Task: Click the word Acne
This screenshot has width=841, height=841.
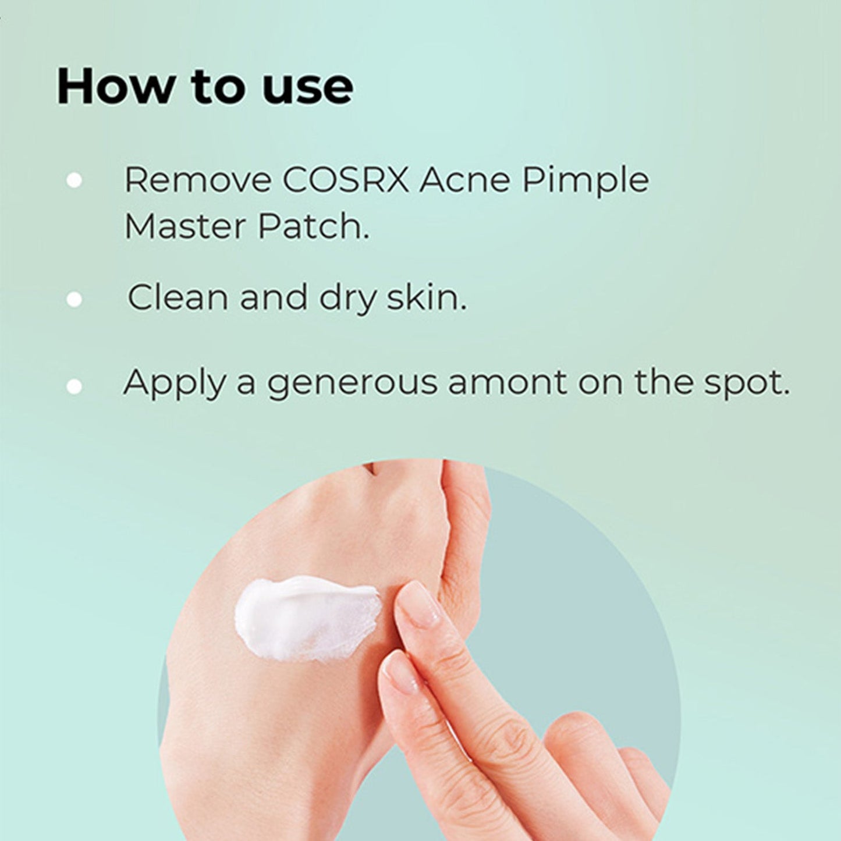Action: (x=465, y=180)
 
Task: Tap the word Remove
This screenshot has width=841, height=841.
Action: (x=198, y=180)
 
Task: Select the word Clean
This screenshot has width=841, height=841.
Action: (x=178, y=297)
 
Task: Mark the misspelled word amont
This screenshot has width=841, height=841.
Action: (x=507, y=383)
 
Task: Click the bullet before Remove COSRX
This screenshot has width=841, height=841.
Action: (x=74, y=180)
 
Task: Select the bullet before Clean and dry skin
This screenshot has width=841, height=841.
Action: (x=74, y=299)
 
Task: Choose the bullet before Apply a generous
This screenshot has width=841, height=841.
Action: (x=74, y=386)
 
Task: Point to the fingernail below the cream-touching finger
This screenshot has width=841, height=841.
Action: (x=401, y=672)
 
